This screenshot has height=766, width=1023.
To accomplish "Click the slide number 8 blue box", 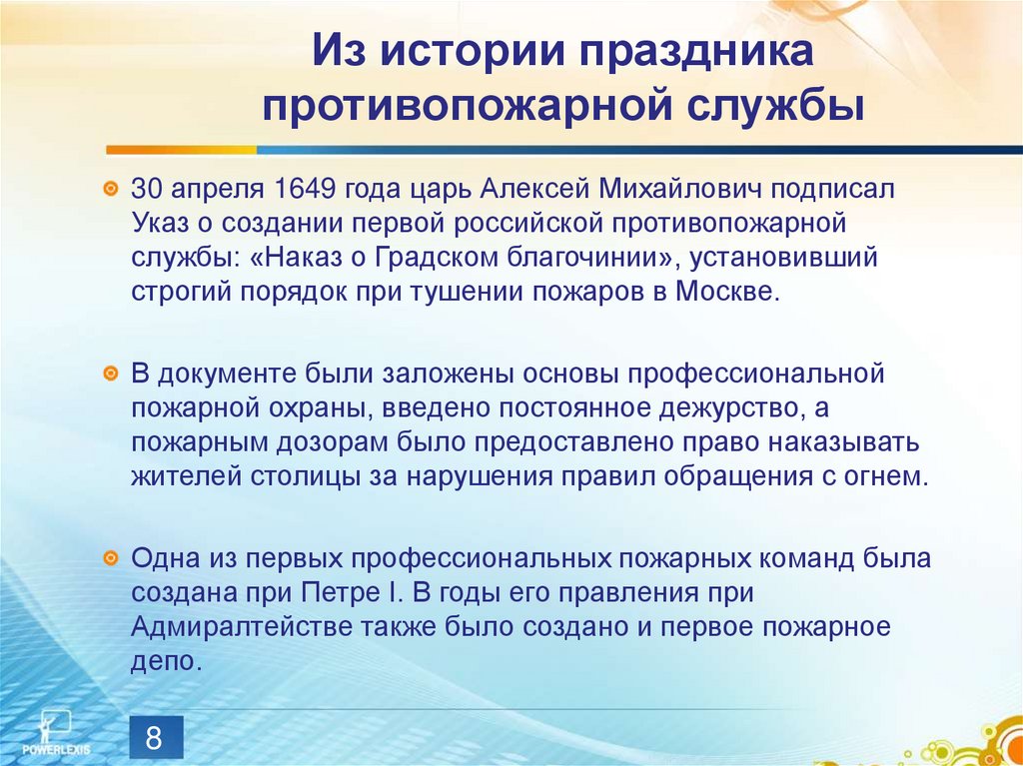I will pyautogui.click(x=154, y=739).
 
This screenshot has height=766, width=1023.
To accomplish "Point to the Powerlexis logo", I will pyautogui.click(x=49, y=734).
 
